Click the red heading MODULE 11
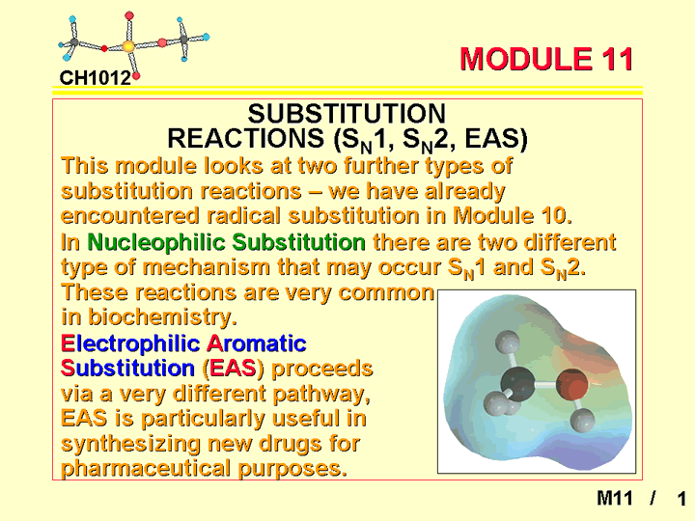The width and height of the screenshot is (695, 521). [546, 59]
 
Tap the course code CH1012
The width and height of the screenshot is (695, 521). [96, 78]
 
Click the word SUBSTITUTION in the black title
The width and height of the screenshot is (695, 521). [347, 114]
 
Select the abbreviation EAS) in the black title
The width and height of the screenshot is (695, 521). [496, 138]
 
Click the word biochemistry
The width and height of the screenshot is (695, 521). [162, 316]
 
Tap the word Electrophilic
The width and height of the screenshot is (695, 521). [130, 343]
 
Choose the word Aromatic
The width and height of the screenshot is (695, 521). [257, 343]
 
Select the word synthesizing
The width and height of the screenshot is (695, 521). [130, 444]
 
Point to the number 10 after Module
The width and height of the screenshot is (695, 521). [554, 215]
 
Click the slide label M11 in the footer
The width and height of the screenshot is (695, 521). [614, 498]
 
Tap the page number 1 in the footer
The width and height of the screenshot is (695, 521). [681, 499]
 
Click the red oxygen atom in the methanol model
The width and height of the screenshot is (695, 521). [571, 384]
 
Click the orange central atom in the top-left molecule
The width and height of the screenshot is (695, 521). [128, 46]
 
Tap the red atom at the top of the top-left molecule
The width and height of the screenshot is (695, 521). [129, 15]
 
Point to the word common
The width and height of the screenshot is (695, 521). [386, 292]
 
